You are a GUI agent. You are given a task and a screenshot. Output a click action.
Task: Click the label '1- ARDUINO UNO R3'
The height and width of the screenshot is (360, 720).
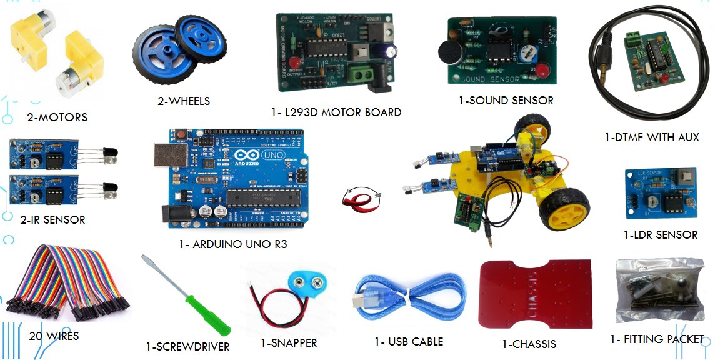[232, 244]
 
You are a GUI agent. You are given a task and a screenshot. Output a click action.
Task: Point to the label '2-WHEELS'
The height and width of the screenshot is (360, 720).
[183, 101]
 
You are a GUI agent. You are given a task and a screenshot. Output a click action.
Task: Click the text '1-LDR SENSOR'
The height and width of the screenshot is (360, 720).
[660, 235]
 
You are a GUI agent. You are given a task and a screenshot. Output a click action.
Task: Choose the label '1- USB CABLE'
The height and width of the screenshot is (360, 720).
[409, 342]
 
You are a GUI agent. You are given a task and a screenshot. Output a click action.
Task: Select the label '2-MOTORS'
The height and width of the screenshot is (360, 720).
[57, 117]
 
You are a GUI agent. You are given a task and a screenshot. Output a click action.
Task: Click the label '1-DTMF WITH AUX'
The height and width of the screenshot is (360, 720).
[652, 137]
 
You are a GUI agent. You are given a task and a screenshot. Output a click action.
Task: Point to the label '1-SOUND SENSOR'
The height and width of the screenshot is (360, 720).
[506, 100]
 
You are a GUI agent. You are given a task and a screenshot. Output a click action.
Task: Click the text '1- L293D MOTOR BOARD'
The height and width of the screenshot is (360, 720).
[336, 112]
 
